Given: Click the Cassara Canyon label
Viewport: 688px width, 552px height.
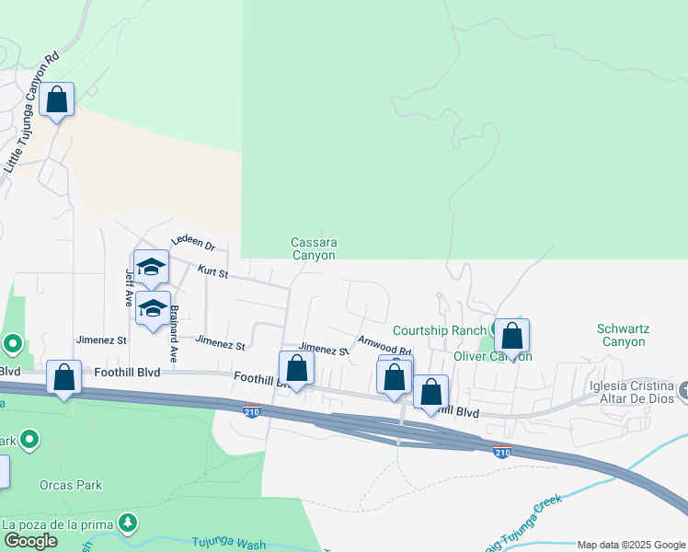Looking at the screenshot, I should (314, 249).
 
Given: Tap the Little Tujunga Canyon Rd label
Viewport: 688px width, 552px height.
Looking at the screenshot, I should (32, 110).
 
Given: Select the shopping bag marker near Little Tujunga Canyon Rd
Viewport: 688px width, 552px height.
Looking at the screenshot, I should (57, 100).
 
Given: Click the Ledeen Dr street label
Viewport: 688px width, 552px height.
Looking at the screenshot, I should (192, 243).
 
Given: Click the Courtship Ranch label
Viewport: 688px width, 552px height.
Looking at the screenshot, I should (439, 330).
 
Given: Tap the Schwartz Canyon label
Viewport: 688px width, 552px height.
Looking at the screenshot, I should (621, 335).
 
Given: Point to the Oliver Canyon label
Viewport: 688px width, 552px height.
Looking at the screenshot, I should (492, 355).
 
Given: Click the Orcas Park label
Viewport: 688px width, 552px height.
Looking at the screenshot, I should (71, 485).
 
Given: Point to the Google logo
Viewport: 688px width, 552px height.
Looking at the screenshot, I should (30, 540).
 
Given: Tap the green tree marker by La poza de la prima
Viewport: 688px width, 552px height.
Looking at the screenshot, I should (128, 523).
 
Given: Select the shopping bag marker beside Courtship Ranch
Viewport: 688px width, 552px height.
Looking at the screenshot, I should (512, 336).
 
